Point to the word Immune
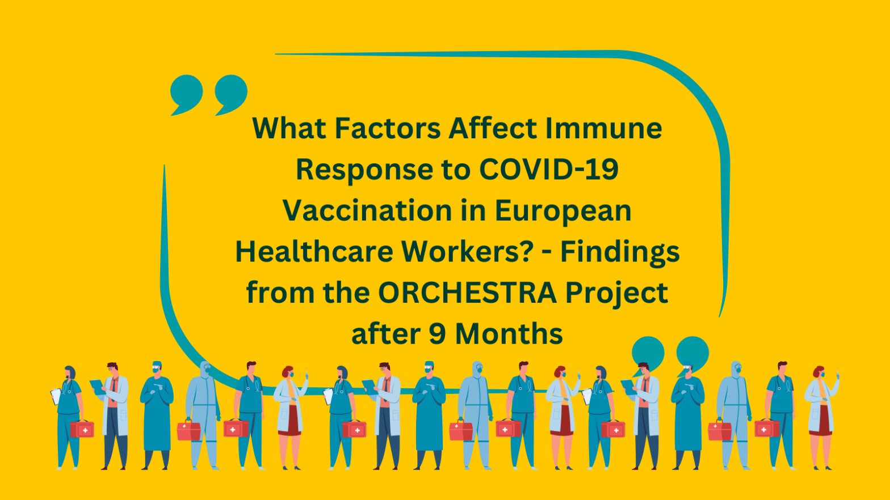click(603, 128)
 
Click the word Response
click(364, 171)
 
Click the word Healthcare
click(314, 252)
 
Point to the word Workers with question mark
click(467, 252)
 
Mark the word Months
click(509, 334)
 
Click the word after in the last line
click(386, 333)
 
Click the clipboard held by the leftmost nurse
click(56, 396)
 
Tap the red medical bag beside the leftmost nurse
click(82, 429)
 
